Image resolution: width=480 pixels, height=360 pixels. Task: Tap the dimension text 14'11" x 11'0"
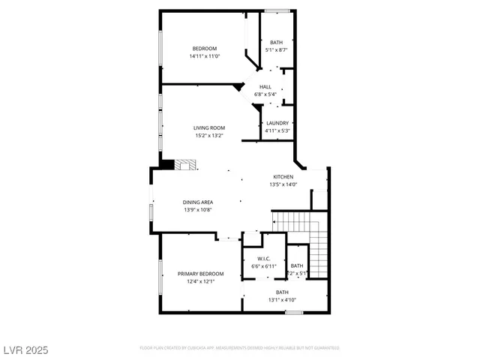tap(204, 56)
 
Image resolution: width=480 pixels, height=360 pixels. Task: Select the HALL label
tap(265, 87)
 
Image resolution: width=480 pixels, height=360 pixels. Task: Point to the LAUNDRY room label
tap(277, 123)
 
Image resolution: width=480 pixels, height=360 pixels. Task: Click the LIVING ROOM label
tap(209, 128)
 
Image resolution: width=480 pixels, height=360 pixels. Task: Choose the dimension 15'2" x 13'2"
tap(209, 136)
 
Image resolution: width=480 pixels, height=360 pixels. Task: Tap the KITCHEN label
tap(283, 176)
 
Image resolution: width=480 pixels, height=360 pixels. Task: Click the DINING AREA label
tap(198, 202)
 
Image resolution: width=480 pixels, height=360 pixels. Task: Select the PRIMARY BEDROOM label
tap(196, 274)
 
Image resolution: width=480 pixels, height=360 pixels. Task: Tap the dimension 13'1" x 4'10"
tap(282, 300)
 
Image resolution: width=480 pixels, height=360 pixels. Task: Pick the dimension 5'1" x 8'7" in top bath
tap(277, 49)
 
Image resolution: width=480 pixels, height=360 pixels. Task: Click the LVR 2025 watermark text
tap(25, 349)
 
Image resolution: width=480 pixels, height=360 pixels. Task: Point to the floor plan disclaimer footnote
tap(240, 348)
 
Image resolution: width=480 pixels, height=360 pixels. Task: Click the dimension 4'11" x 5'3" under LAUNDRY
tap(277, 130)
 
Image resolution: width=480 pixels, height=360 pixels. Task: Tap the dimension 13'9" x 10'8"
tap(198, 210)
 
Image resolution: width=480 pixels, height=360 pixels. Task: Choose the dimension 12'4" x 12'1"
tap(196, 281)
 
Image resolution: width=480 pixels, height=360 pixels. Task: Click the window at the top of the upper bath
tap(277, 10)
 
